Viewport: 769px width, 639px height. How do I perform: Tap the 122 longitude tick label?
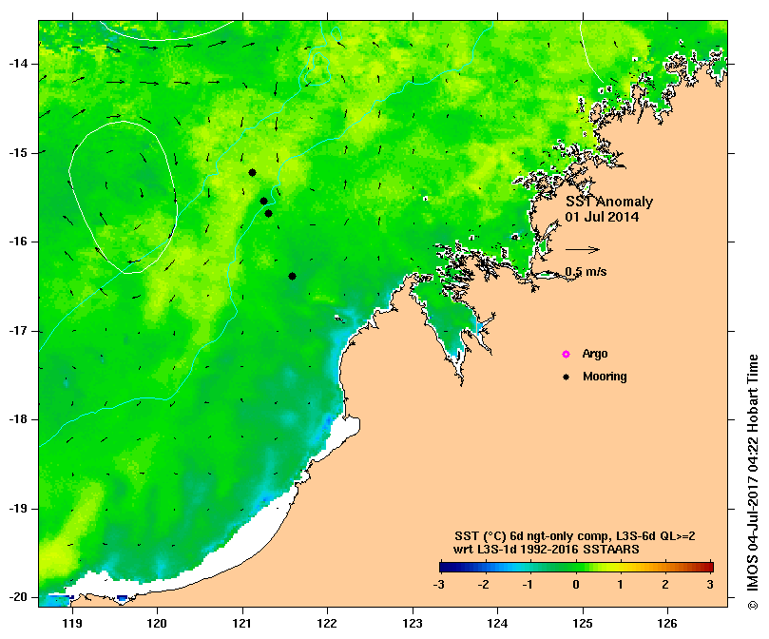tap(328, 624)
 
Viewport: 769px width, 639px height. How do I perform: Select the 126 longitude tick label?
tap(667, 624)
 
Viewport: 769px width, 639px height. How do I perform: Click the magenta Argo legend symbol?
tap(566, 355)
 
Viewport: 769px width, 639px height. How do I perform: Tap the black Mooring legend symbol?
tap(566, 378)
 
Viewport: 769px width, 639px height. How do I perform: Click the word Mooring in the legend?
tap(605, 378)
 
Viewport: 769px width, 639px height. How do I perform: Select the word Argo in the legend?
tap(595, 355)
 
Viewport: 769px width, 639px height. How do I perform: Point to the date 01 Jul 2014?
tap(602, 217)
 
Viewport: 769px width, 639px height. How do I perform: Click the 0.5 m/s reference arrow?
tap(582, 250)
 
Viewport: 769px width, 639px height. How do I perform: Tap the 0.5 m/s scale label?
tap(586, 272)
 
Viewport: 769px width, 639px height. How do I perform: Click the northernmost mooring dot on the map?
tap(252, 172)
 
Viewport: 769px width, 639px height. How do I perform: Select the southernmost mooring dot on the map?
tap(292, 276)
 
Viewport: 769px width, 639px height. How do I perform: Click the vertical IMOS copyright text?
tap(752, 494)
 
